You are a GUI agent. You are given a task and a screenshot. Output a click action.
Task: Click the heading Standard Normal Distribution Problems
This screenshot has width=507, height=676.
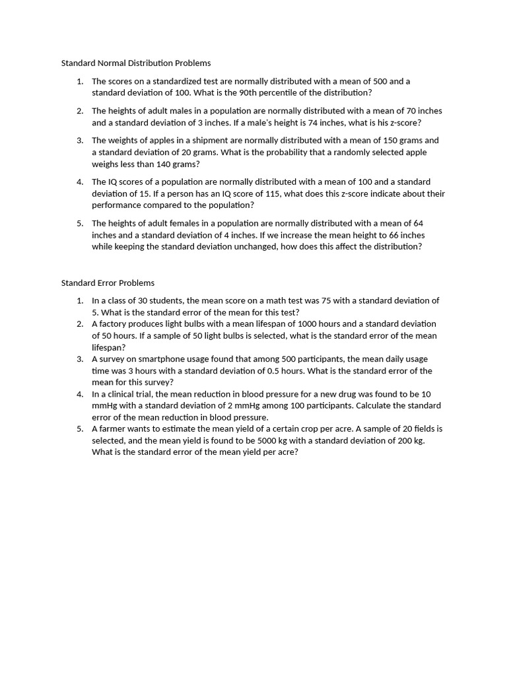(x=136, y=63)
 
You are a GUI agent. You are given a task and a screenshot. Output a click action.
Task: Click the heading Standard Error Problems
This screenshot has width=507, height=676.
(x=108, y=283)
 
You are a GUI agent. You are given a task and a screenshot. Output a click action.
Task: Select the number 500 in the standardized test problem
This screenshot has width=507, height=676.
(x=381, y=81)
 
